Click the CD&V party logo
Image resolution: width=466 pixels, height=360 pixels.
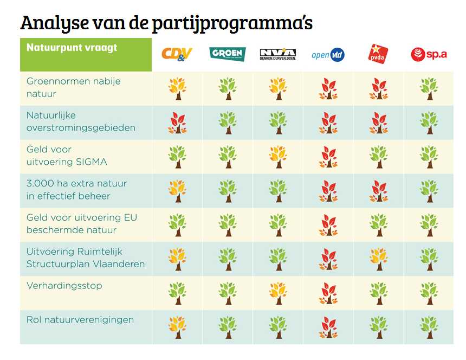(177, 54)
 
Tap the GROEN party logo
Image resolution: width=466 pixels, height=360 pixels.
(228, 54)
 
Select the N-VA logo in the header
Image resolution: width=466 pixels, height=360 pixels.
(277, 54)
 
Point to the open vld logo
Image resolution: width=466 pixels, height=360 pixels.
(328, 54)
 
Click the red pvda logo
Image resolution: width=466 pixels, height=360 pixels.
(378, 54)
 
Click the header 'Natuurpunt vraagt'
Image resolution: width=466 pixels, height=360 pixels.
(72, 48)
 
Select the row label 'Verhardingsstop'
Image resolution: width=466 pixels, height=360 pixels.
(64, 285)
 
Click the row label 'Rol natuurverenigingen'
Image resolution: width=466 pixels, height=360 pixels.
(80, 319)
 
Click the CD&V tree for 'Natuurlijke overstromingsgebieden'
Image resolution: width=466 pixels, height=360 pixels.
(177, 123)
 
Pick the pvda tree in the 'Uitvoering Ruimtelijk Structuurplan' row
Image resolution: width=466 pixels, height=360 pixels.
(378, 259)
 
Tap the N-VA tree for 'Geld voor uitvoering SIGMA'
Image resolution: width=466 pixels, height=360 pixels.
(277, 157)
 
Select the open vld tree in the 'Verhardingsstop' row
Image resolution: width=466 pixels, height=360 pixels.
(328, 293)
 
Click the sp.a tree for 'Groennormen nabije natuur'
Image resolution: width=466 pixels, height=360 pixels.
(429, 89)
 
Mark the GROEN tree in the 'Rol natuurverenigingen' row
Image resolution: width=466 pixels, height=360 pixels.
(228, 327)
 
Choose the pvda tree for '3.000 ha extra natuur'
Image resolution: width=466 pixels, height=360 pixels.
(378, 191)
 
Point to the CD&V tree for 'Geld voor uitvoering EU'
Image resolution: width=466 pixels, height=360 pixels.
(177, 225)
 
